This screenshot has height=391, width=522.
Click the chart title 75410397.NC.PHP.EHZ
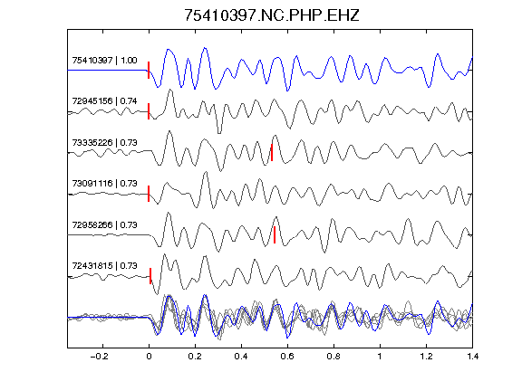click(x=272, y=15)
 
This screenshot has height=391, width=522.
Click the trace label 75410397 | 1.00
click(x=104, y=61)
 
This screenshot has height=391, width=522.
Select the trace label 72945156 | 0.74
click(x=104, y=101)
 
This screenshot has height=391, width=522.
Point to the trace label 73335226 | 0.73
click(x=104, y=143)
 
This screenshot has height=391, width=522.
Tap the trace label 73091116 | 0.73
click(x=104, y=184)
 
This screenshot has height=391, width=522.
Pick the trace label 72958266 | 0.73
click(x=104, y=225)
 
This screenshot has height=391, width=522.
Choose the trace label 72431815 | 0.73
click(x=104, y=266)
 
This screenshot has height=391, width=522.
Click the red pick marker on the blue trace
click(x=149, y=71)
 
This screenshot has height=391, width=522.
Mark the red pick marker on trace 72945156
click(x=149, y=111)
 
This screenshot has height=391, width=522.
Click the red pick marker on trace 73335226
click(x=272, y=153)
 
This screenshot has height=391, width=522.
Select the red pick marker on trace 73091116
click(x=149, y=194)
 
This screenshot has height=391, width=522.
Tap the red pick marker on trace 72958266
click(x=275, y=234)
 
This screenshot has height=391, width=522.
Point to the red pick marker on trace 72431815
click(x=150, y=276)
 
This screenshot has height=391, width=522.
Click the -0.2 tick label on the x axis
click(x=100, y=357)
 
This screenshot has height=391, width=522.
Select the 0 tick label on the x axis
click(x=149, y=357)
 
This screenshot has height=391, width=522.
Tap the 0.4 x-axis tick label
click(x=241, y=357)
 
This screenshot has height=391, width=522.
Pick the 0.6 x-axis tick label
click(x=287, y=357)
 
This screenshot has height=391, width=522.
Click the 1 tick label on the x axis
click(x=380, y=357)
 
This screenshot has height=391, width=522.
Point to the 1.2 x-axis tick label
click(x=426, y=357)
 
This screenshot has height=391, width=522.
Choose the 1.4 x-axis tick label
click(x=472, y=357)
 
